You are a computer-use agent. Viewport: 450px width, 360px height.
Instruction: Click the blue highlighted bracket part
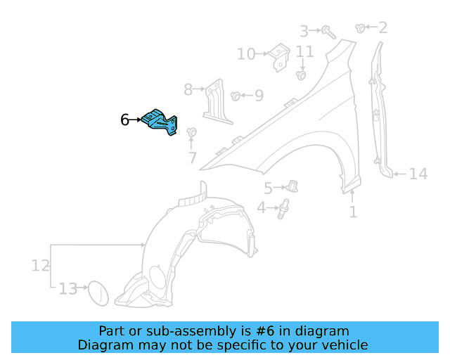point(160,122)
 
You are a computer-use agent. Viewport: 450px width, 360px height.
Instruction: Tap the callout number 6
point(124,120)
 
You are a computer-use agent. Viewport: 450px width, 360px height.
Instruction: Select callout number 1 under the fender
point(353,211)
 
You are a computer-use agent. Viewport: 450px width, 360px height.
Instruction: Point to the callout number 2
point(382,28)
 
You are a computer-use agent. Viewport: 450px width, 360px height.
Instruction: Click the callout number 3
point(304,31)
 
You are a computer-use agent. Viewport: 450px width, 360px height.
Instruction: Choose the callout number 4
point(262,208)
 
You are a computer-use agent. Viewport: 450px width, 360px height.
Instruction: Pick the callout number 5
point(268,188)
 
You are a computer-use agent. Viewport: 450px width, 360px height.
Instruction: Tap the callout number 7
point(193,159)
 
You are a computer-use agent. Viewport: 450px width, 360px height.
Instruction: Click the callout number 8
point(188,89)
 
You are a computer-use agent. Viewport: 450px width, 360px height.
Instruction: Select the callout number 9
point(259,94)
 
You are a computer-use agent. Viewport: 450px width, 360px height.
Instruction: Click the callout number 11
point(304,51)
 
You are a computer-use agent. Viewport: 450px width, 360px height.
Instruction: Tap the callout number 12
point(40,266)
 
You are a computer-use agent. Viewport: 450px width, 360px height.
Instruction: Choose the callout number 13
point(68,288)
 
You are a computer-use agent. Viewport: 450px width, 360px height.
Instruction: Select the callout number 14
point(418,174)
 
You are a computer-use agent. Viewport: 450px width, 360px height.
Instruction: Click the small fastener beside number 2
point(361,28)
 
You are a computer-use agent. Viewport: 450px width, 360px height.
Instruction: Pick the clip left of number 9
point(236,94)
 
